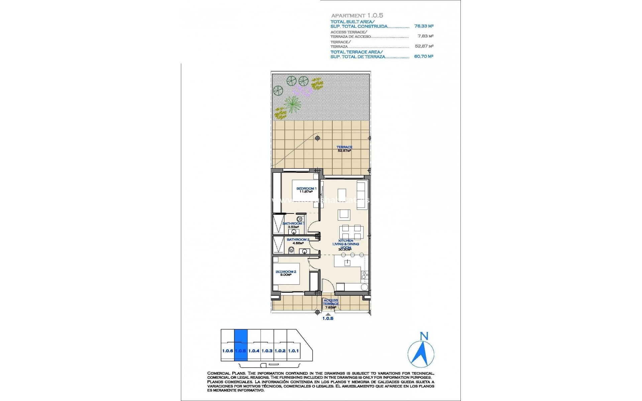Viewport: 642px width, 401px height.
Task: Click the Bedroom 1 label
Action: click(x=306, y=190)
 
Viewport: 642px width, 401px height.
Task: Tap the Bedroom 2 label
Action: click(x=286, y=273)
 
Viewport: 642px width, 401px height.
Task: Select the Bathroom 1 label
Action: click(x=293, y=225)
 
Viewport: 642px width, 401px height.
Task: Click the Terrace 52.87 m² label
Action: click(x=344, y=149)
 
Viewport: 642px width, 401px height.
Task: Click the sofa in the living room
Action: click(x=362, y=195)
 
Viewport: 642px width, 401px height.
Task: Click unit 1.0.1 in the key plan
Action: click(x=293, y=351)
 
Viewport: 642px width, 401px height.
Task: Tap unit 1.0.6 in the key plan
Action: click(x=227, y=351)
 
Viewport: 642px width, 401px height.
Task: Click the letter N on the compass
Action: click(x=424, y=336)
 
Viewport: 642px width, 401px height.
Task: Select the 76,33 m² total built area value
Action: click(x=424, y=26)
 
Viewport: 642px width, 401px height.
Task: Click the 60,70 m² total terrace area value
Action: click(x=424, y=56)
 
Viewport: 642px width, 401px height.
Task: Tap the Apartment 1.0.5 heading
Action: click(x=357, y=15)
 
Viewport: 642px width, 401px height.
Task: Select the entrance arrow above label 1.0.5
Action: click(x=328, y=314)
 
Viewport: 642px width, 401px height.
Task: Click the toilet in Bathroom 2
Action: click(x=291, y=250)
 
